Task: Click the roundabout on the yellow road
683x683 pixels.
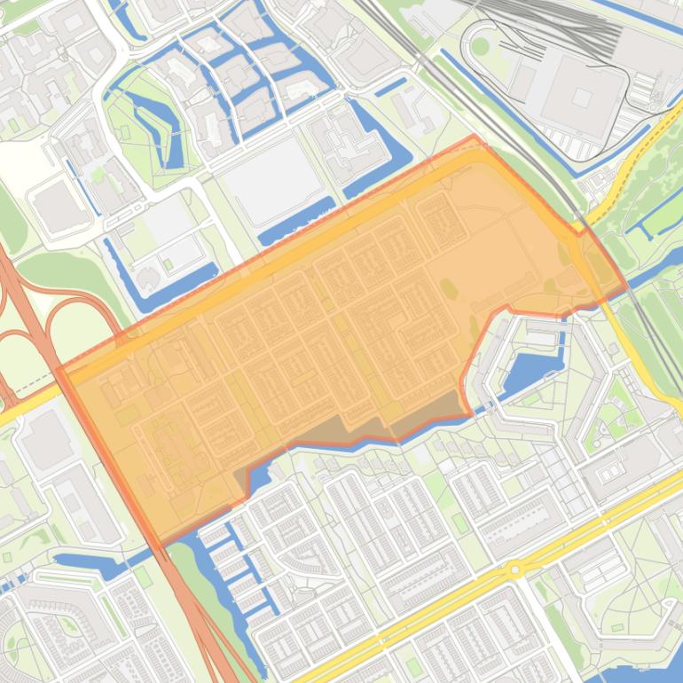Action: pos(514,569)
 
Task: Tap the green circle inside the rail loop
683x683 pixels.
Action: pos(480,46)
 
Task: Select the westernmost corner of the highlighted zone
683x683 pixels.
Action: pos(58,369)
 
